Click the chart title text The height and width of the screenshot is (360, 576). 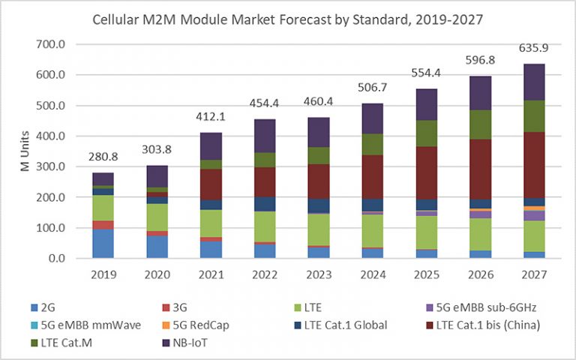pyautogui.click(x=287, y=17)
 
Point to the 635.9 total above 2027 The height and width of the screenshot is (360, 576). pyautogui.click(x=533, y=49)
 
